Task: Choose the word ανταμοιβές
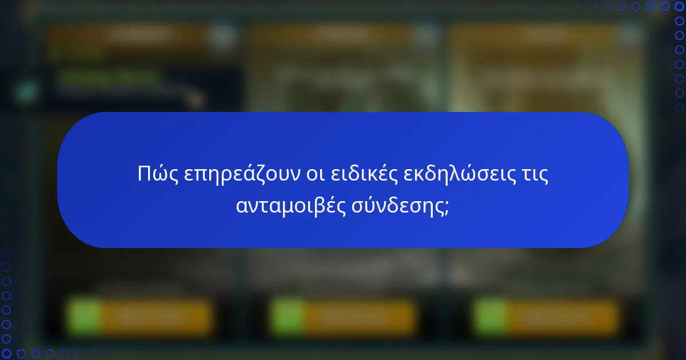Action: point(289,206)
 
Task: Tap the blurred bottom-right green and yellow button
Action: point(546,317)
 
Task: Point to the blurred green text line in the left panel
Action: point(109,77)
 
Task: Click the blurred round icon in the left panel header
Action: point(222,37)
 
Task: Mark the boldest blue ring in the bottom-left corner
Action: point(6,354)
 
